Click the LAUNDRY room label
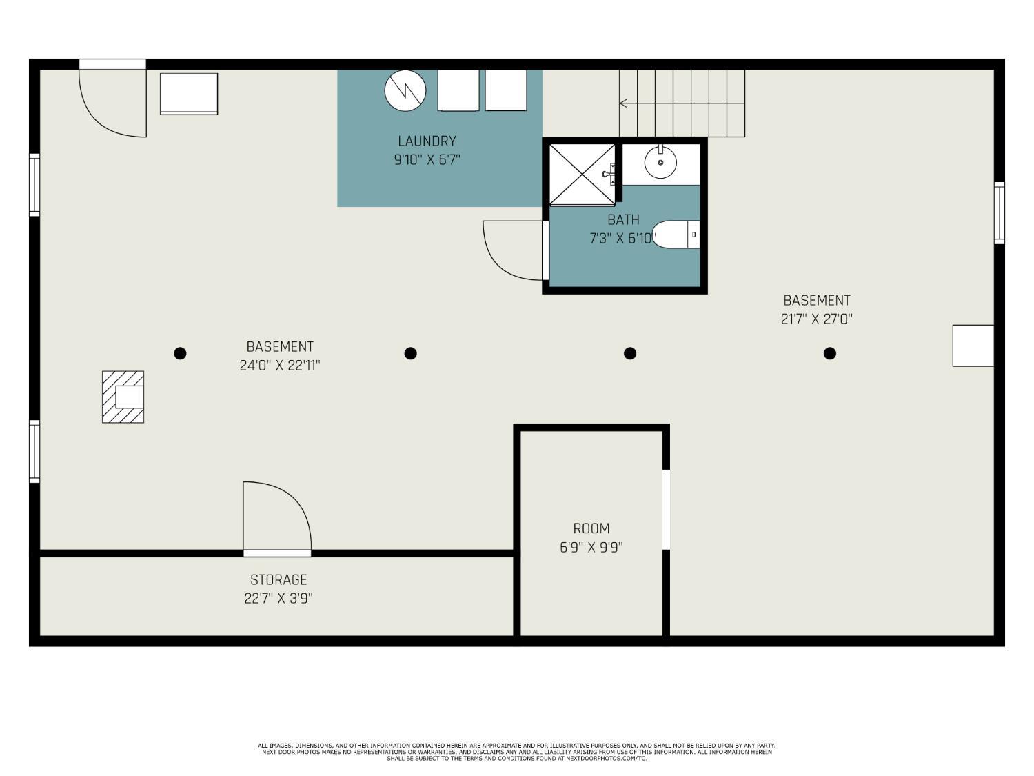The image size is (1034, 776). click(427, 141)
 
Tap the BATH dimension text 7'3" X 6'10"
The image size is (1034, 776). click(622, 238)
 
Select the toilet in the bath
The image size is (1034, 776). click(676, 234)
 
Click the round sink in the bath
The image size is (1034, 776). click(660, 162)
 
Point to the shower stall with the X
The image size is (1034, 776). click(582, 175)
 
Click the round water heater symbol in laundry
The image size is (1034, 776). click(405, 90)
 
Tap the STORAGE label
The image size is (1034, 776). click(278, 579)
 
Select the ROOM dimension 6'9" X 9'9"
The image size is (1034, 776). click(591, 548)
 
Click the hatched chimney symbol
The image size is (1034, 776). click(123, 397)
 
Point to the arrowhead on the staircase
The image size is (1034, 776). click(623, 103)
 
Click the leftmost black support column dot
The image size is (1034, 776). click(180, 353)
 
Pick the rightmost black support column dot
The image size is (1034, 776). click(829, 353)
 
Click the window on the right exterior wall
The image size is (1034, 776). click(999, 213)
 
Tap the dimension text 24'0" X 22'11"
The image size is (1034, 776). click(280, 365)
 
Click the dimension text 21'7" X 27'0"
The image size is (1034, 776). click(816, 319)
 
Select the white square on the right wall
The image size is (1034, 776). click(973, 346)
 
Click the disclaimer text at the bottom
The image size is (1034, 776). click(516, 752)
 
